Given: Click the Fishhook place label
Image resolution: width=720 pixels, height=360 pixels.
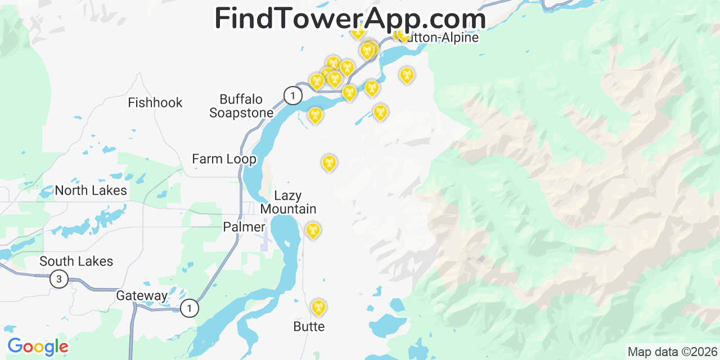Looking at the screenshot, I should [155, 102].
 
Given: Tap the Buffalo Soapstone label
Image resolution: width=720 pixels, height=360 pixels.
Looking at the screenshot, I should [241, 106].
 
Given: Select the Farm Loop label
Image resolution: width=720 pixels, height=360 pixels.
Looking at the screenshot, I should [224, 159].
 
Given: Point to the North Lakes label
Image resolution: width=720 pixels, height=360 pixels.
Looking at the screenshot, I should [91, 191].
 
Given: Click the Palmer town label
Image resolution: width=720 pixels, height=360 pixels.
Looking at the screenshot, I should [244, 227].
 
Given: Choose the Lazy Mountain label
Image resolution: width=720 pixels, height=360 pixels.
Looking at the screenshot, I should [288, 202].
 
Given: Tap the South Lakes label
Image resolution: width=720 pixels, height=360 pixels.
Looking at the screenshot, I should [76, 262].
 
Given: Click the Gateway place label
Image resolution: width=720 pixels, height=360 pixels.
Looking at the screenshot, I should [142, 296].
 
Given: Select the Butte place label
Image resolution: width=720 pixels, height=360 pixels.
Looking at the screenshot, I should [309, 326].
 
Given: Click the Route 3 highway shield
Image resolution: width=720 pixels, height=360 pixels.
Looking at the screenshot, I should [59, 278].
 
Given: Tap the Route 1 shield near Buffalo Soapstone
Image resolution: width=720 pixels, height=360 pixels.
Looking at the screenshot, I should [292, 96].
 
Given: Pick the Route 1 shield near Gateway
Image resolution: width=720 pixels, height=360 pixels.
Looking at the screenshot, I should [190, 308].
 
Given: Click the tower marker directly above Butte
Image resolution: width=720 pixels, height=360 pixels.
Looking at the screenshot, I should [318, 307].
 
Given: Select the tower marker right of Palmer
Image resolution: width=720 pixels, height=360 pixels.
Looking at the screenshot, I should [313, 230].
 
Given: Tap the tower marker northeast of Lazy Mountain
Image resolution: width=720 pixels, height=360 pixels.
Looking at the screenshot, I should [329, 163].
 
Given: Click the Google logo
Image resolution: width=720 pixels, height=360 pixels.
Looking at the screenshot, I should [38, 346].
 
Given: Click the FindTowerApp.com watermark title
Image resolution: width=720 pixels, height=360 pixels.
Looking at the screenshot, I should [350, 19].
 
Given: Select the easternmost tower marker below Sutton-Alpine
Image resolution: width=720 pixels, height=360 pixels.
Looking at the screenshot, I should [406, 75].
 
